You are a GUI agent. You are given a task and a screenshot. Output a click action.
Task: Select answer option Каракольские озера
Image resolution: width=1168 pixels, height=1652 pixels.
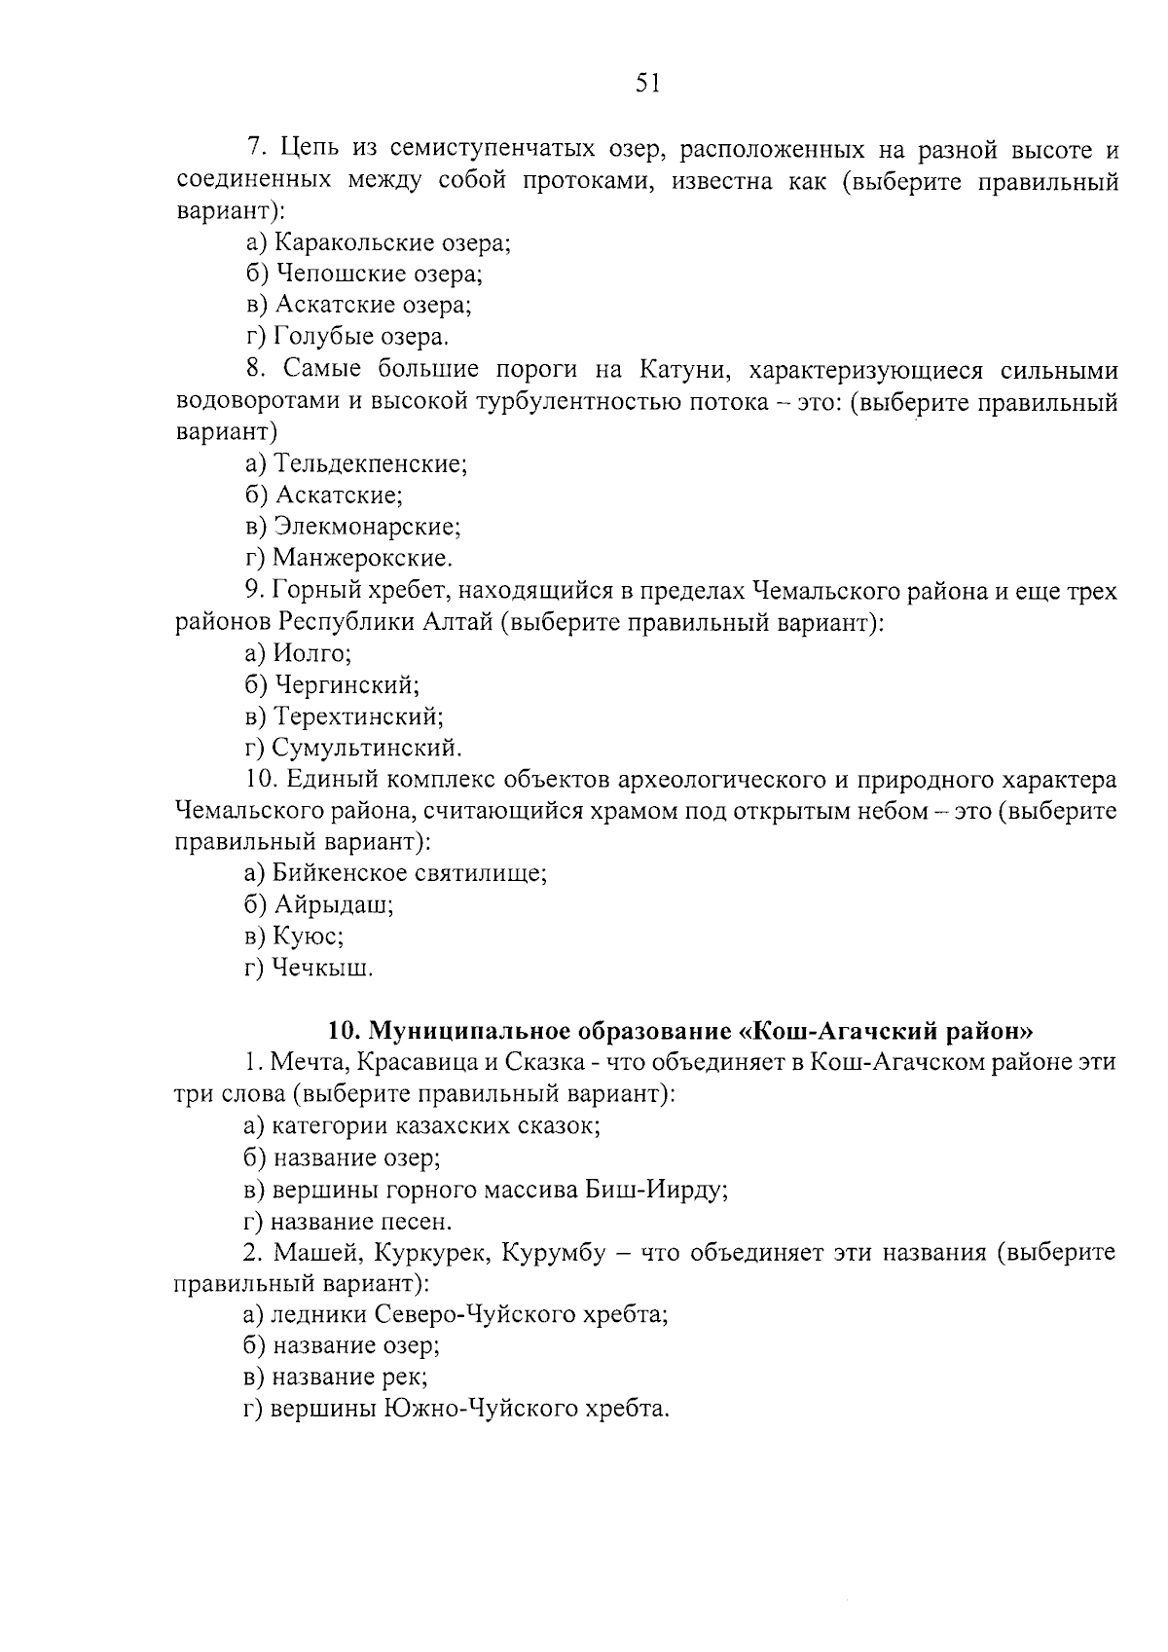pyautogui.click(x=379, y=242)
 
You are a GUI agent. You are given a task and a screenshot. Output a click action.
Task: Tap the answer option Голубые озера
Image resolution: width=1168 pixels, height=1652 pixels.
pyautogui.click(x=347, y=337)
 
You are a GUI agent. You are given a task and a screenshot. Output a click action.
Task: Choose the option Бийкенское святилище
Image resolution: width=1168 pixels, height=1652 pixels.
pyautogui.click(x=396, y=873)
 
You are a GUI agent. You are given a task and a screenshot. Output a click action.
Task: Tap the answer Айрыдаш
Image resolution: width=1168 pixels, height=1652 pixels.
pyautogui.click(x=320, y=905)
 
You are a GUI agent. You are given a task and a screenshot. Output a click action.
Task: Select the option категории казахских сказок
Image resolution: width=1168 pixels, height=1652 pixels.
pyautogui.click(x=421, y=1126)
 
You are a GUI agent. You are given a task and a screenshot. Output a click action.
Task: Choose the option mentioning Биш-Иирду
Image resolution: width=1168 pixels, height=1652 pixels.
pyautogui.click(x=487, y=1190)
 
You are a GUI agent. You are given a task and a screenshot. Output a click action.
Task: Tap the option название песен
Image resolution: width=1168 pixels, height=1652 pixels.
pyautogui.click(x=348, y=1221)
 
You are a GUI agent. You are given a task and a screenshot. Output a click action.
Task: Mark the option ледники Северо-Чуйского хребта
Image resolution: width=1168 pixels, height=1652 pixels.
pyautogui.click(x=456, y=1315)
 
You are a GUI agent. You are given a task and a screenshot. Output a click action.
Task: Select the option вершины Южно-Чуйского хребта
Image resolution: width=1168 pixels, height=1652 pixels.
pyautogui.click(x=457, y=1409)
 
